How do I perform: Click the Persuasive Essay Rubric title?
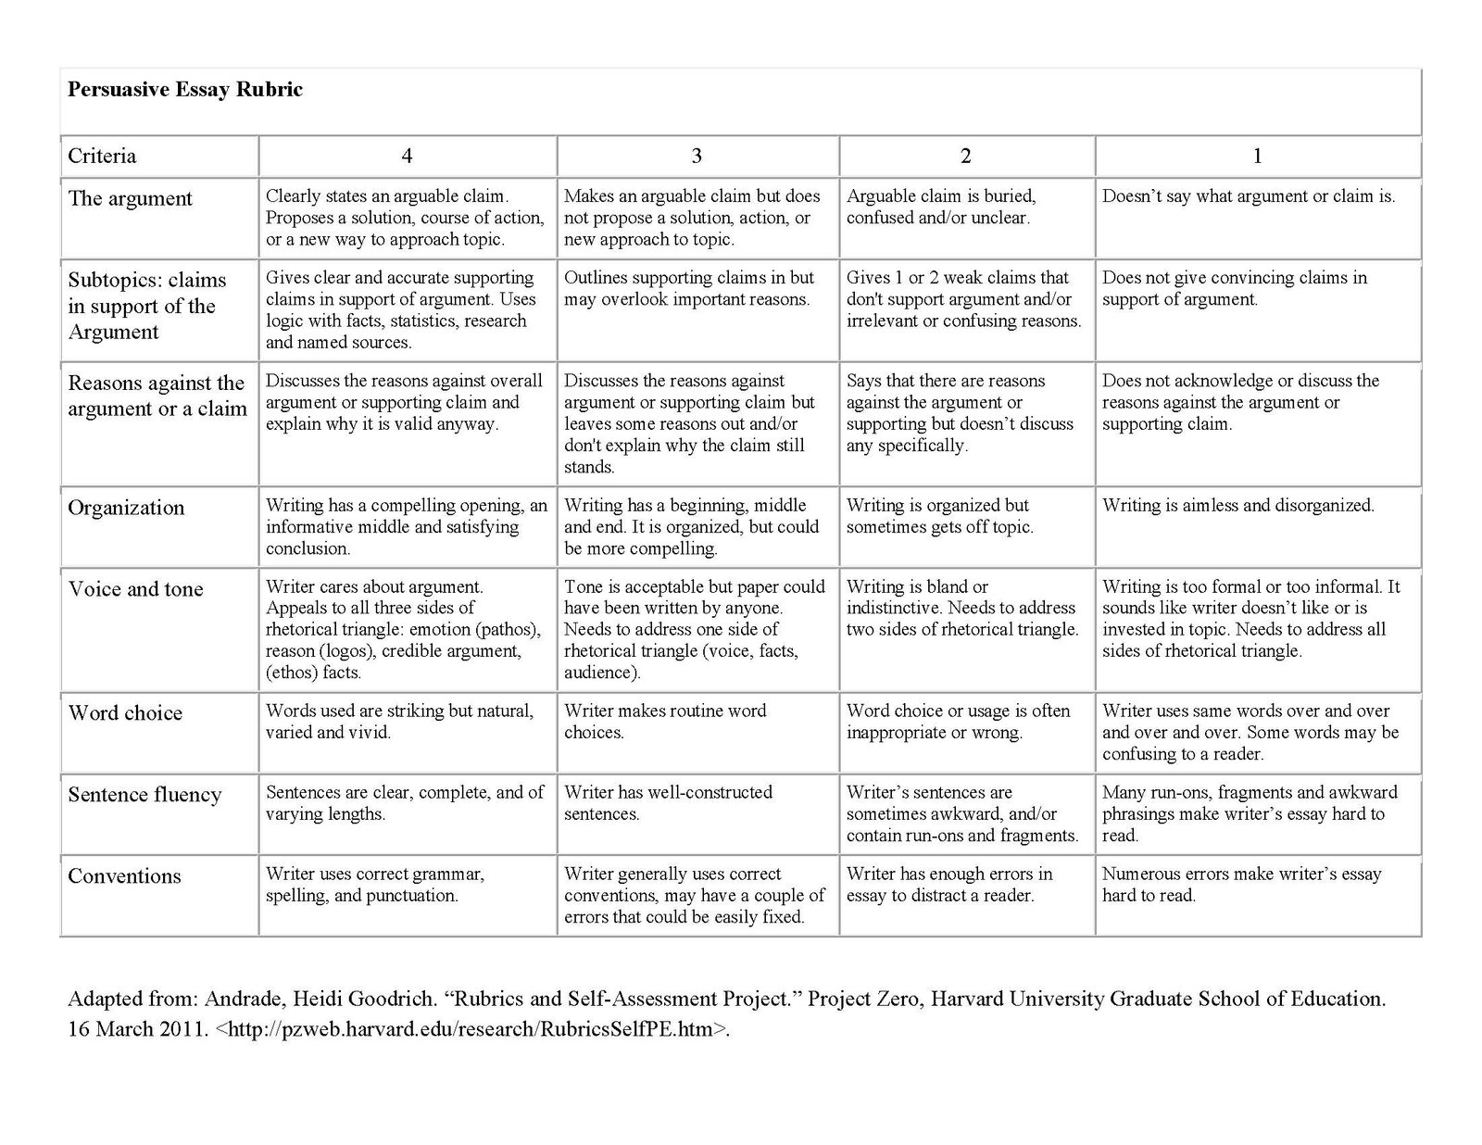[x=185, y=90]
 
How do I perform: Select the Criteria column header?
[x=102, y=156]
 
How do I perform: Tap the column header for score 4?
[x=407, y=156]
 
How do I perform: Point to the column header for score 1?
[x=1257, y=156]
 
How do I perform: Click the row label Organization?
[x=126, y=508]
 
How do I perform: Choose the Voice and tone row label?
[x=135, y=589]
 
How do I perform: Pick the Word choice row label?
[x=125, y=713]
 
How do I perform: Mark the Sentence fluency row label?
[x=144, y=795]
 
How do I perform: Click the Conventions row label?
[x=124, y=876]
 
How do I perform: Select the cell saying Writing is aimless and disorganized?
[x=1238, y=506]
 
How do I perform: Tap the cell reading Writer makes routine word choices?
[x=665, y=722]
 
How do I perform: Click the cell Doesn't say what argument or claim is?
[x=1249, y=196]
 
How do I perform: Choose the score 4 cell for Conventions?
[x=374, y=885]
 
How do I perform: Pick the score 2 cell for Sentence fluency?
[x=962, y=813]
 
